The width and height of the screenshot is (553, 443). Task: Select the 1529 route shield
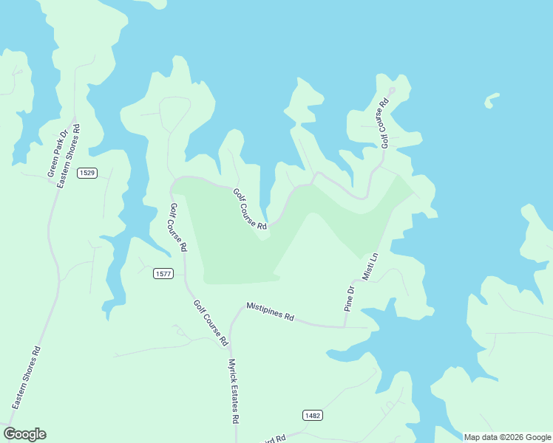87,173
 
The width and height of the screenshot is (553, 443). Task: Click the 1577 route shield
163,274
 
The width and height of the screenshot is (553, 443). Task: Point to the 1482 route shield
312,416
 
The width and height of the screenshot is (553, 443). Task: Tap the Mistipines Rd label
270,311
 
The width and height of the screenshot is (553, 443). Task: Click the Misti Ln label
370,266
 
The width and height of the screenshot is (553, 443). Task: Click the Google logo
24,434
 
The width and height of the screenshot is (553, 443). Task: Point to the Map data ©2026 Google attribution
507,437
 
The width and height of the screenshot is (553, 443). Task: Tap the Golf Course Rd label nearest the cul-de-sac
384,123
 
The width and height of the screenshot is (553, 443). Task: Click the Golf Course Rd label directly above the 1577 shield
179,227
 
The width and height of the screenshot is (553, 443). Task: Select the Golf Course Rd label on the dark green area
250,209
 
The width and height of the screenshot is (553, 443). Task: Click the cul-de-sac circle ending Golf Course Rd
392,91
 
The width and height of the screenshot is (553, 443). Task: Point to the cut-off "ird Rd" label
274,439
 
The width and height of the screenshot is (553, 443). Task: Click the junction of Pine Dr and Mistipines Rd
345,326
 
